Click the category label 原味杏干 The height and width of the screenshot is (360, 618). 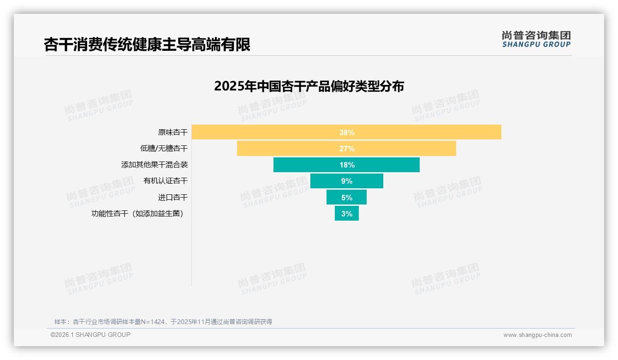tap(173, 132)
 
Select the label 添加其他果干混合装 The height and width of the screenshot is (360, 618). tap(154, 165)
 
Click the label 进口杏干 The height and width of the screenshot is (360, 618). tap(173, 198)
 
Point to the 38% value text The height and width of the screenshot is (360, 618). tap(347, 132)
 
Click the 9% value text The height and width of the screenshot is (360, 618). tap(347, 181)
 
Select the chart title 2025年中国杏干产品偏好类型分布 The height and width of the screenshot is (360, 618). tap(309, 86)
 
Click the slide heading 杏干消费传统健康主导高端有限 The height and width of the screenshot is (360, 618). tap(147, 45)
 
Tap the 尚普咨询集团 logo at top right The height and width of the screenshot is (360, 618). tap(536, 35)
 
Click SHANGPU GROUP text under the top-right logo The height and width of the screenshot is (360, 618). tap(536, 45)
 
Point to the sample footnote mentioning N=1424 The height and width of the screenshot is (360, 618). tap(163, 322)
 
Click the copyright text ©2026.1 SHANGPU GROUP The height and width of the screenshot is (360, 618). tap(90, 335)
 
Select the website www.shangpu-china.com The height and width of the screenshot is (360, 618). tap(537, 335)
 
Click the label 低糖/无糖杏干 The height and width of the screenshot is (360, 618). tap(164, 149)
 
